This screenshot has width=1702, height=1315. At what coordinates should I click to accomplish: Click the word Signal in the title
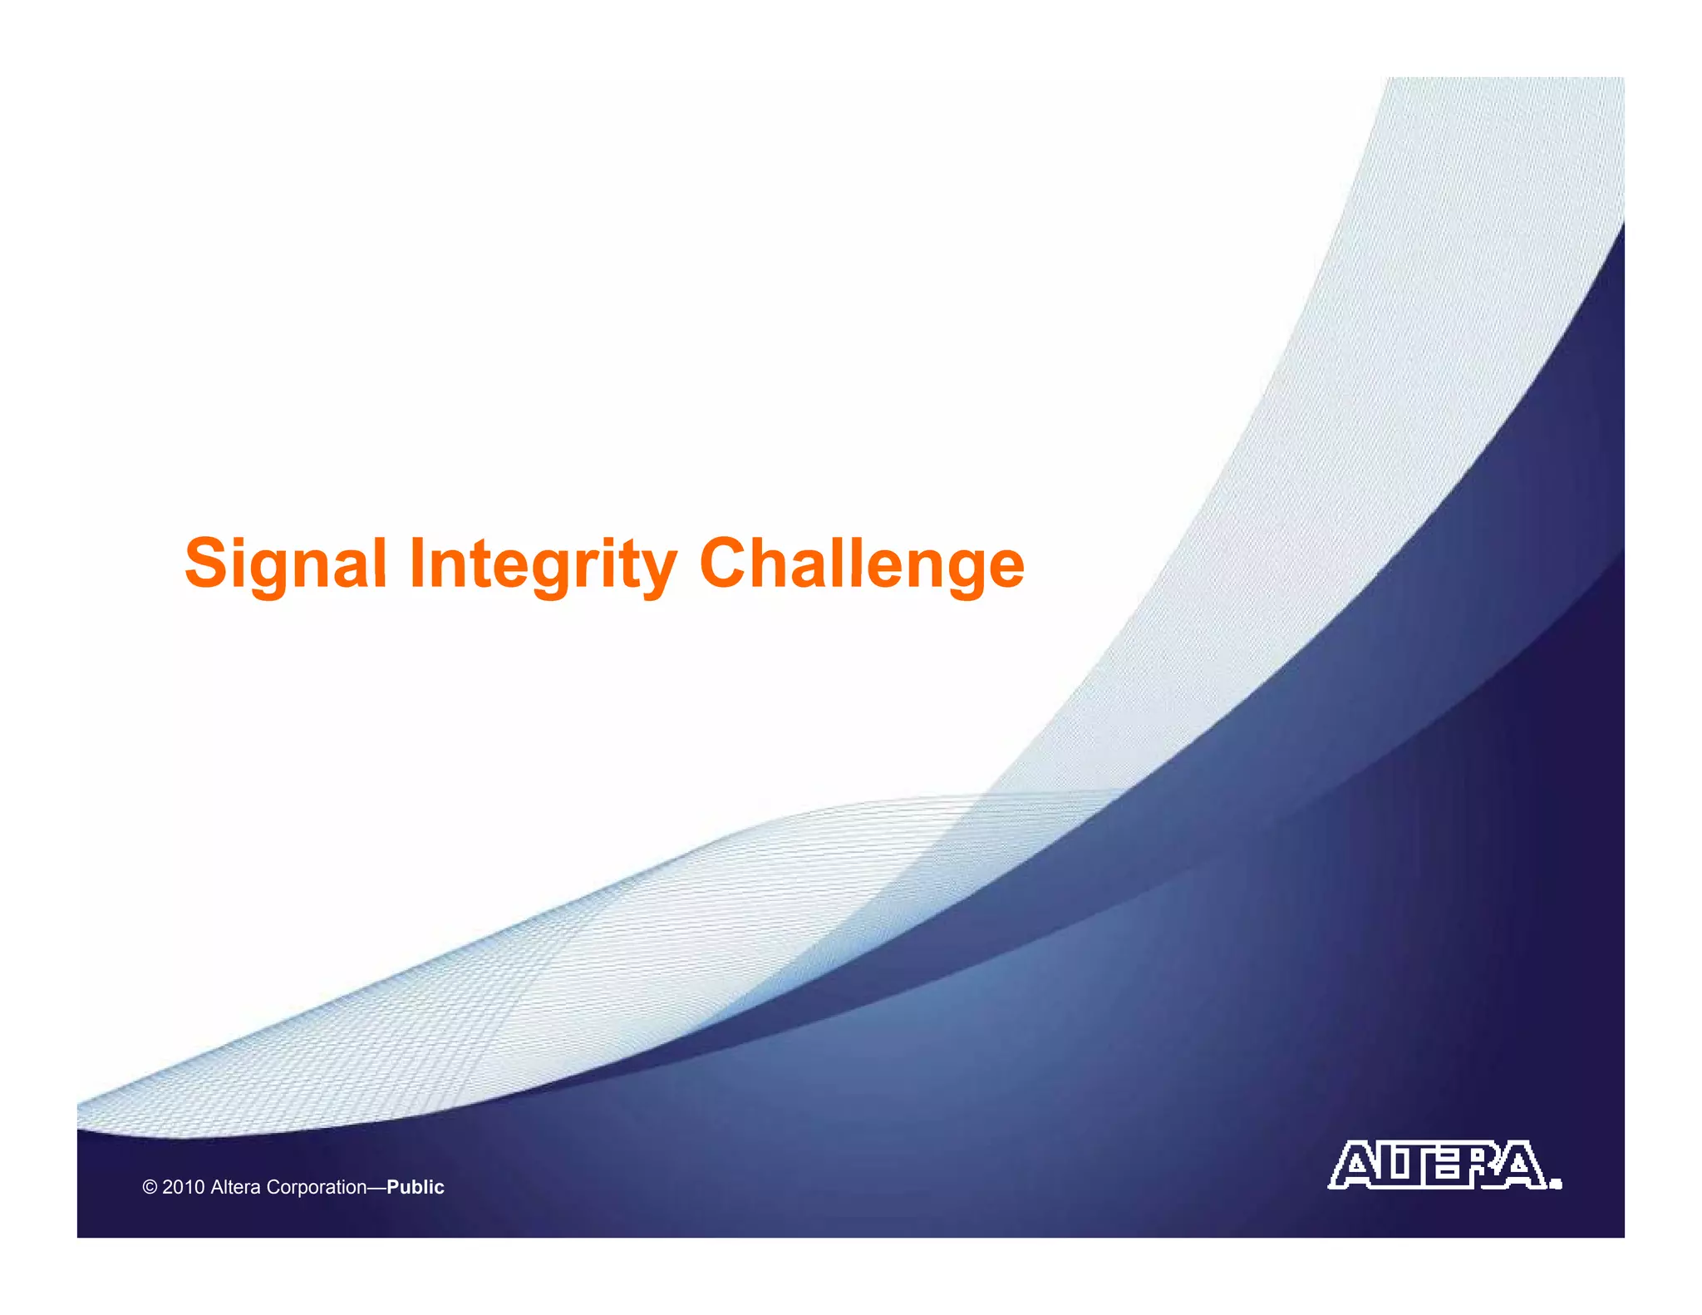(x=285, y=565)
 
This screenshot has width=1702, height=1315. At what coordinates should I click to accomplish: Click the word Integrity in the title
(x=543, y=565)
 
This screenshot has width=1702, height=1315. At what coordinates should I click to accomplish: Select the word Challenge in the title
(x=862, y=565)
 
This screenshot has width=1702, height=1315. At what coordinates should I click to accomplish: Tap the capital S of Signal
(x=206, y=563)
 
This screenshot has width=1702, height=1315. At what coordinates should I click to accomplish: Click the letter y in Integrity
(x=657, y=574)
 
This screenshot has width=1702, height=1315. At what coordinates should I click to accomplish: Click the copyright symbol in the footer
(x=150, y=1187)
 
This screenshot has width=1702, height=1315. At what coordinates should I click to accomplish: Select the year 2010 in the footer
(x=183, y=1187)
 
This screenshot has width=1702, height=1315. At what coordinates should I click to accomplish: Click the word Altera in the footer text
(x=235, y=1187)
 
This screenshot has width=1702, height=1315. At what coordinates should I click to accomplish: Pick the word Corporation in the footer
(x=316, y=1187)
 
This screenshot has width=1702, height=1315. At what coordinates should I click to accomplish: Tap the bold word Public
(x=416, y=1187)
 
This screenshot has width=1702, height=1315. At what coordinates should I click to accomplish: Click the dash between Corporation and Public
(x=376, y=1187)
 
